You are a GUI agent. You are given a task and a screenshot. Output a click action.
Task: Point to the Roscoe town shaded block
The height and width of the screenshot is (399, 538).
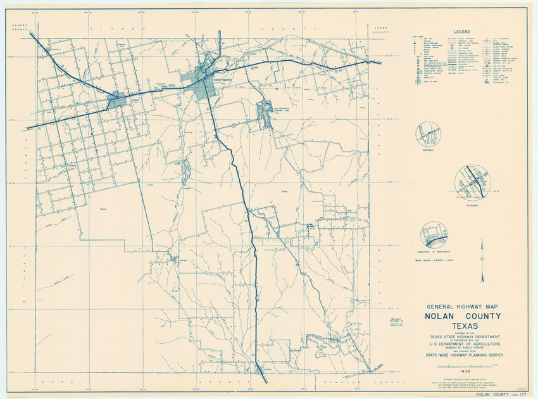tap(118, 101)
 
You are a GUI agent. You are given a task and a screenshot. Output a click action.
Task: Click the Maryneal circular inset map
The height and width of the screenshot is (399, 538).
tap(428, 135)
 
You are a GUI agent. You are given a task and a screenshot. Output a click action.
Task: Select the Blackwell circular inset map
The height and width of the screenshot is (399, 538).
tap(472, 181)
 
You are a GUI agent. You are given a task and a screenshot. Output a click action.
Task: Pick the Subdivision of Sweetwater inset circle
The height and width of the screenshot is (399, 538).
tap(434, 234)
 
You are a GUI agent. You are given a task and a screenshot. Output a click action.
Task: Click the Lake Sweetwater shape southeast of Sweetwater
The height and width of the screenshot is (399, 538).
tap(265, 113)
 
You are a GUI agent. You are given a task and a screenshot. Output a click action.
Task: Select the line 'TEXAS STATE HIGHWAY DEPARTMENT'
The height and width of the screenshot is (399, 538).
tap(465, 336)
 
